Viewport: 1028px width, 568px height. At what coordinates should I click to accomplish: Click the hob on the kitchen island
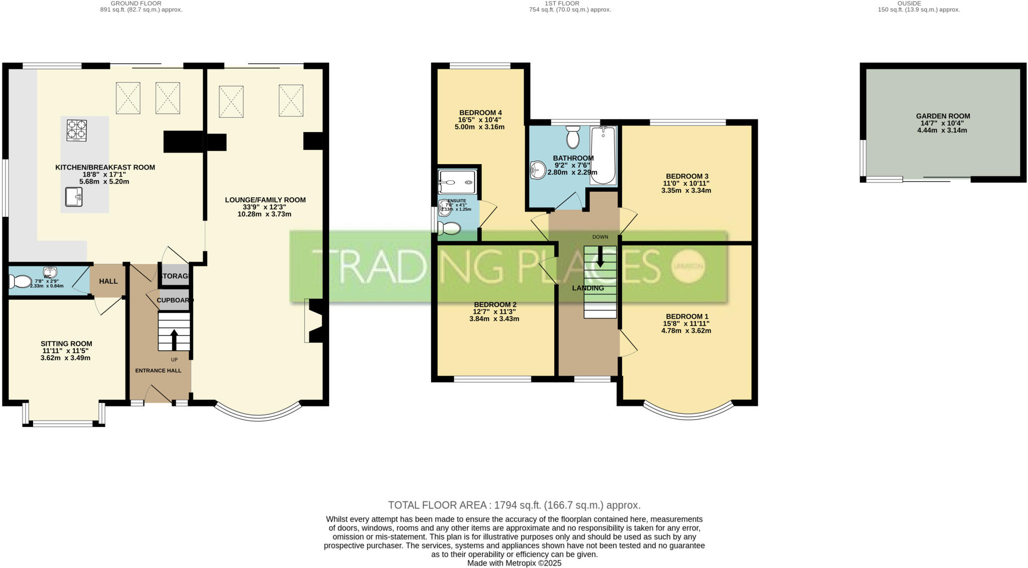77,130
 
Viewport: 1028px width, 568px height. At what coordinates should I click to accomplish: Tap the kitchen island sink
74,197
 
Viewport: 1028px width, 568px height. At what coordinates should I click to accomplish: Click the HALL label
108,281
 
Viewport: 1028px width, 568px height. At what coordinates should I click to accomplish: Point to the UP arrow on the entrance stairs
174,340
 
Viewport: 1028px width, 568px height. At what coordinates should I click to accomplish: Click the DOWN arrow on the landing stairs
600,256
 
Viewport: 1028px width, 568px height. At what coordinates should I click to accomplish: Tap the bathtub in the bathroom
603,156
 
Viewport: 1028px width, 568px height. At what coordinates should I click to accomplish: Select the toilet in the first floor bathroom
573,137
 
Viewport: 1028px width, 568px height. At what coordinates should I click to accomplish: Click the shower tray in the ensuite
456,182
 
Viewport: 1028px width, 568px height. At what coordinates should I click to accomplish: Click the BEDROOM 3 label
686,176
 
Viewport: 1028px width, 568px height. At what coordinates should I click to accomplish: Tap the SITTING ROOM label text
66,344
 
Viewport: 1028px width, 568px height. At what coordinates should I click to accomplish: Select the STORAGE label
175,276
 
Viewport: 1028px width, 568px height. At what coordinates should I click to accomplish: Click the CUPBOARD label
175,300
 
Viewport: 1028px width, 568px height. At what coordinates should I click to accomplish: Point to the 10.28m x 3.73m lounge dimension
265,214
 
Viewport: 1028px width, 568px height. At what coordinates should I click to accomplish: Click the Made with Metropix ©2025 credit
514,563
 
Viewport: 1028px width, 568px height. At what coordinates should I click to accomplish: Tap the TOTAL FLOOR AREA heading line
514,505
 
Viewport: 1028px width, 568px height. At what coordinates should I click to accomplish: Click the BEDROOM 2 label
495,305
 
